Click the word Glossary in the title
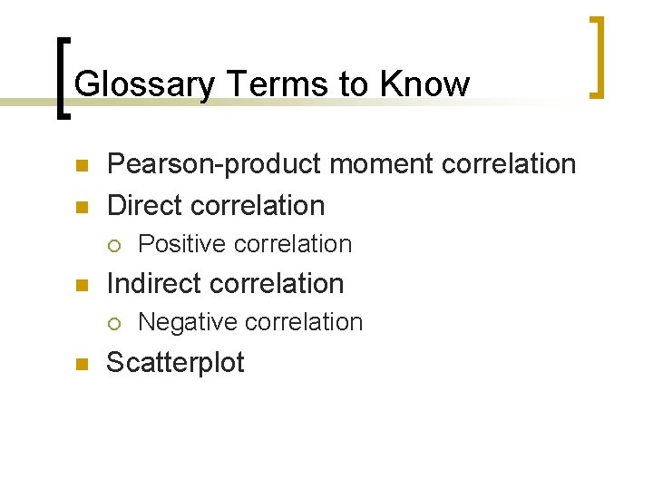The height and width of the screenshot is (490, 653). [144, 84]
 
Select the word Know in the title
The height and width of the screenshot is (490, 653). [425, 84]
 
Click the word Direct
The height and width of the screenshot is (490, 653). [146, 205]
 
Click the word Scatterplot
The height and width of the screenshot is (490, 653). [175, 362]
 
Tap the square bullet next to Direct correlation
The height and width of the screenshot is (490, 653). [80, 207]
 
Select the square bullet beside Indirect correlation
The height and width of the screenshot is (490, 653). [80, 285]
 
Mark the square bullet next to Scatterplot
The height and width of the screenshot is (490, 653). [80, 364]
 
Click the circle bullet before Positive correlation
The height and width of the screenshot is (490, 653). [113, 245]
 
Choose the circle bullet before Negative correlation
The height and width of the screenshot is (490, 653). [113, 323]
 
